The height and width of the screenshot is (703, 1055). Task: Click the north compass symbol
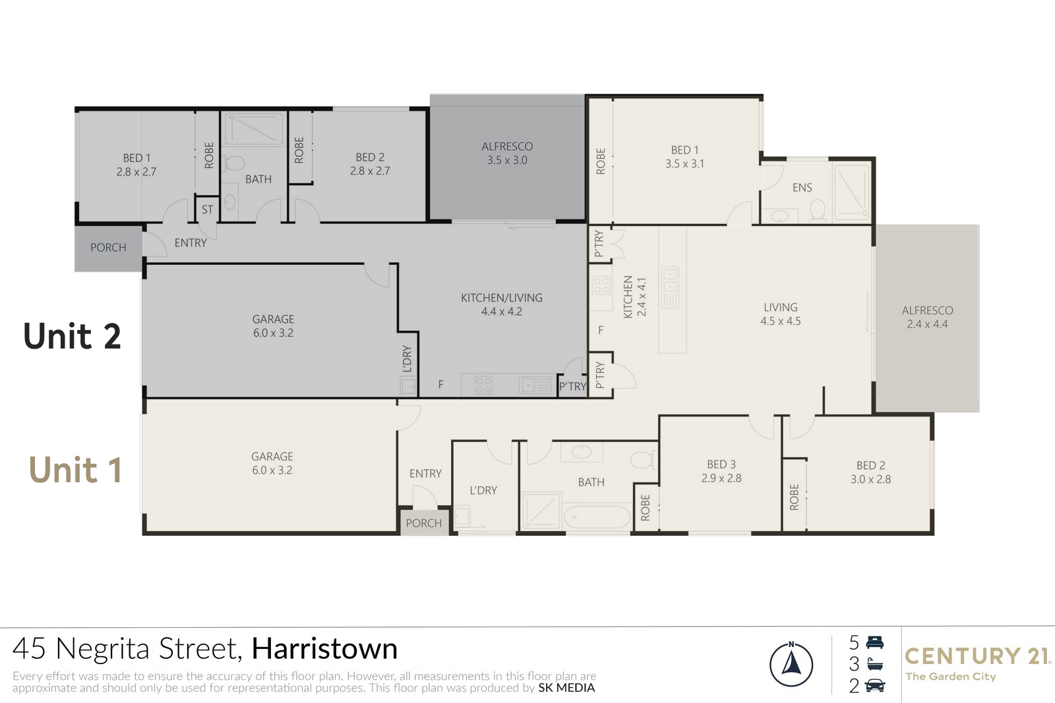pyautogui.click(x=791, y=664)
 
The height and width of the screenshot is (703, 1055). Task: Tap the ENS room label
pyautogui.click(x=802, y=188)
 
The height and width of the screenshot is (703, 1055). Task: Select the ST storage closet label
pyautogui.click(x=207, y=210)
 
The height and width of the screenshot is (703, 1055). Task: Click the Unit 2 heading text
pyautogui.click(x=72, y=336)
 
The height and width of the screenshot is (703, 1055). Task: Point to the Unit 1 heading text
pyautogui.click(x=75, y=470)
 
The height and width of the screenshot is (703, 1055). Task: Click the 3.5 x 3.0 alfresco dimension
pyautogui.click(x=507, y=160)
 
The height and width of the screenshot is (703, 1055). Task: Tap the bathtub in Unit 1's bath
pyautogui.click(x=597, y=518)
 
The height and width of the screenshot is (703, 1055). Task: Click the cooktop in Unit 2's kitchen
pyautogui.click(x=483, y=385)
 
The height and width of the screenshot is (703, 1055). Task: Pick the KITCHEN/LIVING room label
pyautogui.click(x=502, y=298)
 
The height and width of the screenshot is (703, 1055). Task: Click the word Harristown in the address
pyautogui.click(x=324, y=648)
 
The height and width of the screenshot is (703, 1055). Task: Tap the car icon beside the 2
pyautogui.click(x=874, y=686)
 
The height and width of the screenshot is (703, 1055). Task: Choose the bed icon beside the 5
pyautogui.click(x=874, y=642)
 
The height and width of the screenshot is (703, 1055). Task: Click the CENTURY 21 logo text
pyautogui.click(x=977, y=656)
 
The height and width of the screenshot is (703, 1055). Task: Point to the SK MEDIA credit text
pyautogui.click(x=566, y=687)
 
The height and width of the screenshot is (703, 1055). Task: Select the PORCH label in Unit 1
pyautogui.click(x=424, y=523)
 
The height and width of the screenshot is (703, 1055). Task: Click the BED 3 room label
pyautogui.click(x=721, y=464)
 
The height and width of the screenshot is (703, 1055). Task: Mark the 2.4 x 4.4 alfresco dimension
pyautogui.click(x=927, y=324)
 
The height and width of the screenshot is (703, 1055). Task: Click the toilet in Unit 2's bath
pyautogui.click(x=235, y=163)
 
